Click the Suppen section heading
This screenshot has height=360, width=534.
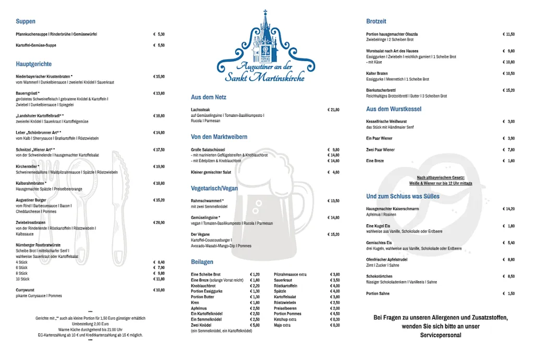[x=26, y=21]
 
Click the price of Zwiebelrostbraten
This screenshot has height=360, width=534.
[x=159, y=222]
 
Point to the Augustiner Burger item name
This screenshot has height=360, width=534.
[x=31, y=200]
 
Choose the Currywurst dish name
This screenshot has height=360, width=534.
[x=25, y=290]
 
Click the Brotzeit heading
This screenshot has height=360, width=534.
[x=376, y=21]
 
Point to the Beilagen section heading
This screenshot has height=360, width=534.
[x=202, y=261]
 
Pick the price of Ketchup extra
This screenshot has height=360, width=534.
[x=335, y=319]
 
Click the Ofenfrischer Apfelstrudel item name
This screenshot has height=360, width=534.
[x=386, y=259]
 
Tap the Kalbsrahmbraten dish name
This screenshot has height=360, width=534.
[x=31, y=183]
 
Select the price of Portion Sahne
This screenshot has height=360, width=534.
[x=509, y=293]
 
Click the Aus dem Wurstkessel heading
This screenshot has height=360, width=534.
[x=394, y=109]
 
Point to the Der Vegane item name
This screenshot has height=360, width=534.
[x=200, y=234]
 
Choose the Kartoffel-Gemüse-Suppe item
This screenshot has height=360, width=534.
[x=36, y=45]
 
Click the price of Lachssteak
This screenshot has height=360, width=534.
[x=333, y=110]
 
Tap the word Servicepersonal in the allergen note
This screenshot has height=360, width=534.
[x=441, y=335]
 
